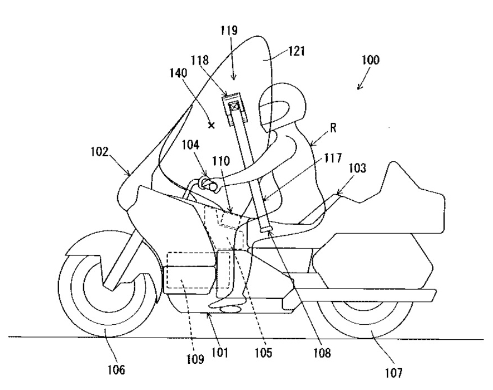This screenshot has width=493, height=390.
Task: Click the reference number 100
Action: coord(371,59)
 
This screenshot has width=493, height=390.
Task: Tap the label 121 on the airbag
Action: coord(296,51)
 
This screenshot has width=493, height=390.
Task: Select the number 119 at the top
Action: coord(228,31)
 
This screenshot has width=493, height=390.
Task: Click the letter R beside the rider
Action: coord(333,127)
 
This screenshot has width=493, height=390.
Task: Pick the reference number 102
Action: coord(99,152)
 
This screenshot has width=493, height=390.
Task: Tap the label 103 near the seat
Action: coord(357,168)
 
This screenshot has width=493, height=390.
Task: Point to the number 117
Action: coord(333,158)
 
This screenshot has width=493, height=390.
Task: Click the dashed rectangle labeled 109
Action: coord(198,270)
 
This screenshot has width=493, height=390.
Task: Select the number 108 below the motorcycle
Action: coord(322,353)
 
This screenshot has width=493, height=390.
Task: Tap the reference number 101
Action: coord(219,352)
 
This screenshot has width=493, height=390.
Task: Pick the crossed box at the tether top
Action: coord(234,107)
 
